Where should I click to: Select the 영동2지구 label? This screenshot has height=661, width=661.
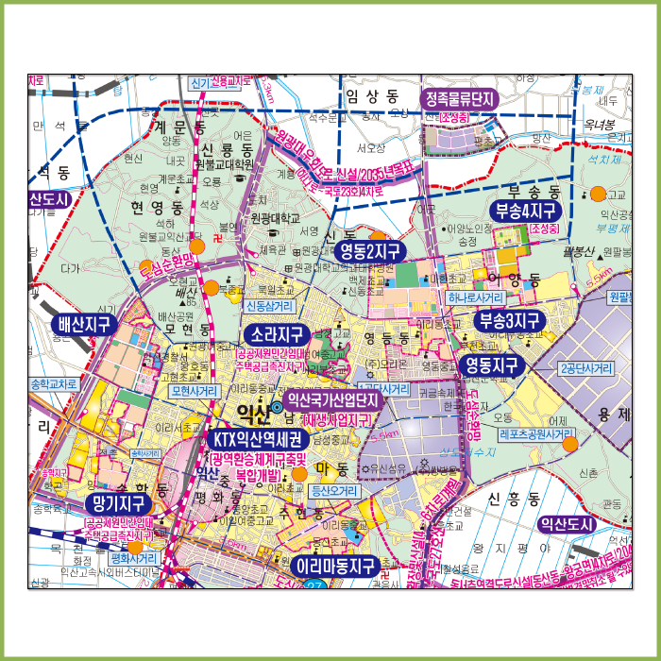(370, 251)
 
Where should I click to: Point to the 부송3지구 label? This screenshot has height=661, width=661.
(510, 320)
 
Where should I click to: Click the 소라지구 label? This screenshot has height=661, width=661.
(277, 335)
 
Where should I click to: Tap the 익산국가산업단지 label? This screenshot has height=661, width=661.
(331, 399)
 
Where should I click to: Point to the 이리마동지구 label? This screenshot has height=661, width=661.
(335, 567)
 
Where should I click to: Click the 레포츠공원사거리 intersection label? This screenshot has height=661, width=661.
(536, 435)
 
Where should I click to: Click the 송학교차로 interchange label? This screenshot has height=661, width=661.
(53, 385)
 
